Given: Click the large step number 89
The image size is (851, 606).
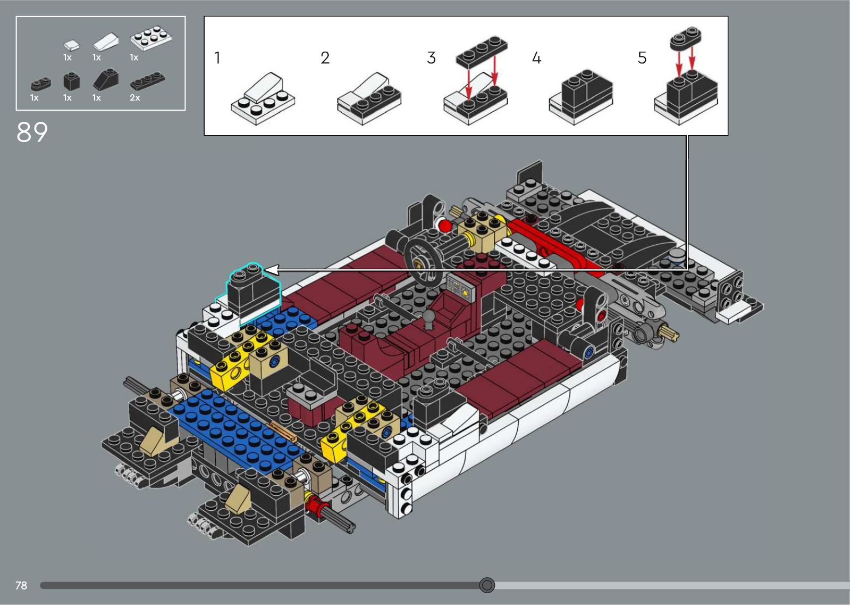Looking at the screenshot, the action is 32,132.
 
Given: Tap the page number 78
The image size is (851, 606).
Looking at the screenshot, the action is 21,585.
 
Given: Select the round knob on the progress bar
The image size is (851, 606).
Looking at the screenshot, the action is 487,585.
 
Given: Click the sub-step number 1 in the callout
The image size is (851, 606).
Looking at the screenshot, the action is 217,58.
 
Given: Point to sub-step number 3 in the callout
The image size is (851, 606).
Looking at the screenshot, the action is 431,58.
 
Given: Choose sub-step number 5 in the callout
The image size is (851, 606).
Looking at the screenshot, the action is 642,58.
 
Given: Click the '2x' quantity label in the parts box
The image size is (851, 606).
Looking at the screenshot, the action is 135,98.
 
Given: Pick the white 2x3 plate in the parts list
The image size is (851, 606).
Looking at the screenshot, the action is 151,38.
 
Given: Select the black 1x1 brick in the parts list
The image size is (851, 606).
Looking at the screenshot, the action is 71,81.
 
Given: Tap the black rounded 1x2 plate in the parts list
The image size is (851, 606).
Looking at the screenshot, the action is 41,84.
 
